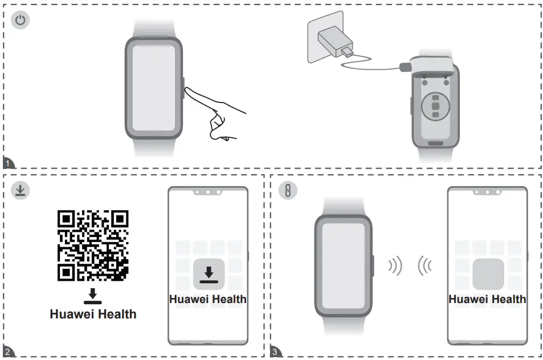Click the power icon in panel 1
(x=20, y=21)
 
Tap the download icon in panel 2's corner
(x=20, y=190)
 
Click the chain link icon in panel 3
(x=287, y=191)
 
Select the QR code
(x=93, y=246)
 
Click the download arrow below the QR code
(x=93, y=296)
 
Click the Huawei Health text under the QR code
(x=93, y=314)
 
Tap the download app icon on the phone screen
(x=208, y=274)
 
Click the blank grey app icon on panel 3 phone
(x=488, y=274)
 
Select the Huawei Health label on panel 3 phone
(x=488, y=299)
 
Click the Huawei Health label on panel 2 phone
(x=208, y=299)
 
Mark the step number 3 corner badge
(x=275, y=352)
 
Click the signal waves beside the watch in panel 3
(x=394, y=265)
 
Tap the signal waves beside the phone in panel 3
(x=424, y=265)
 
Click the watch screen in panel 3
(x=343, y=265)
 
